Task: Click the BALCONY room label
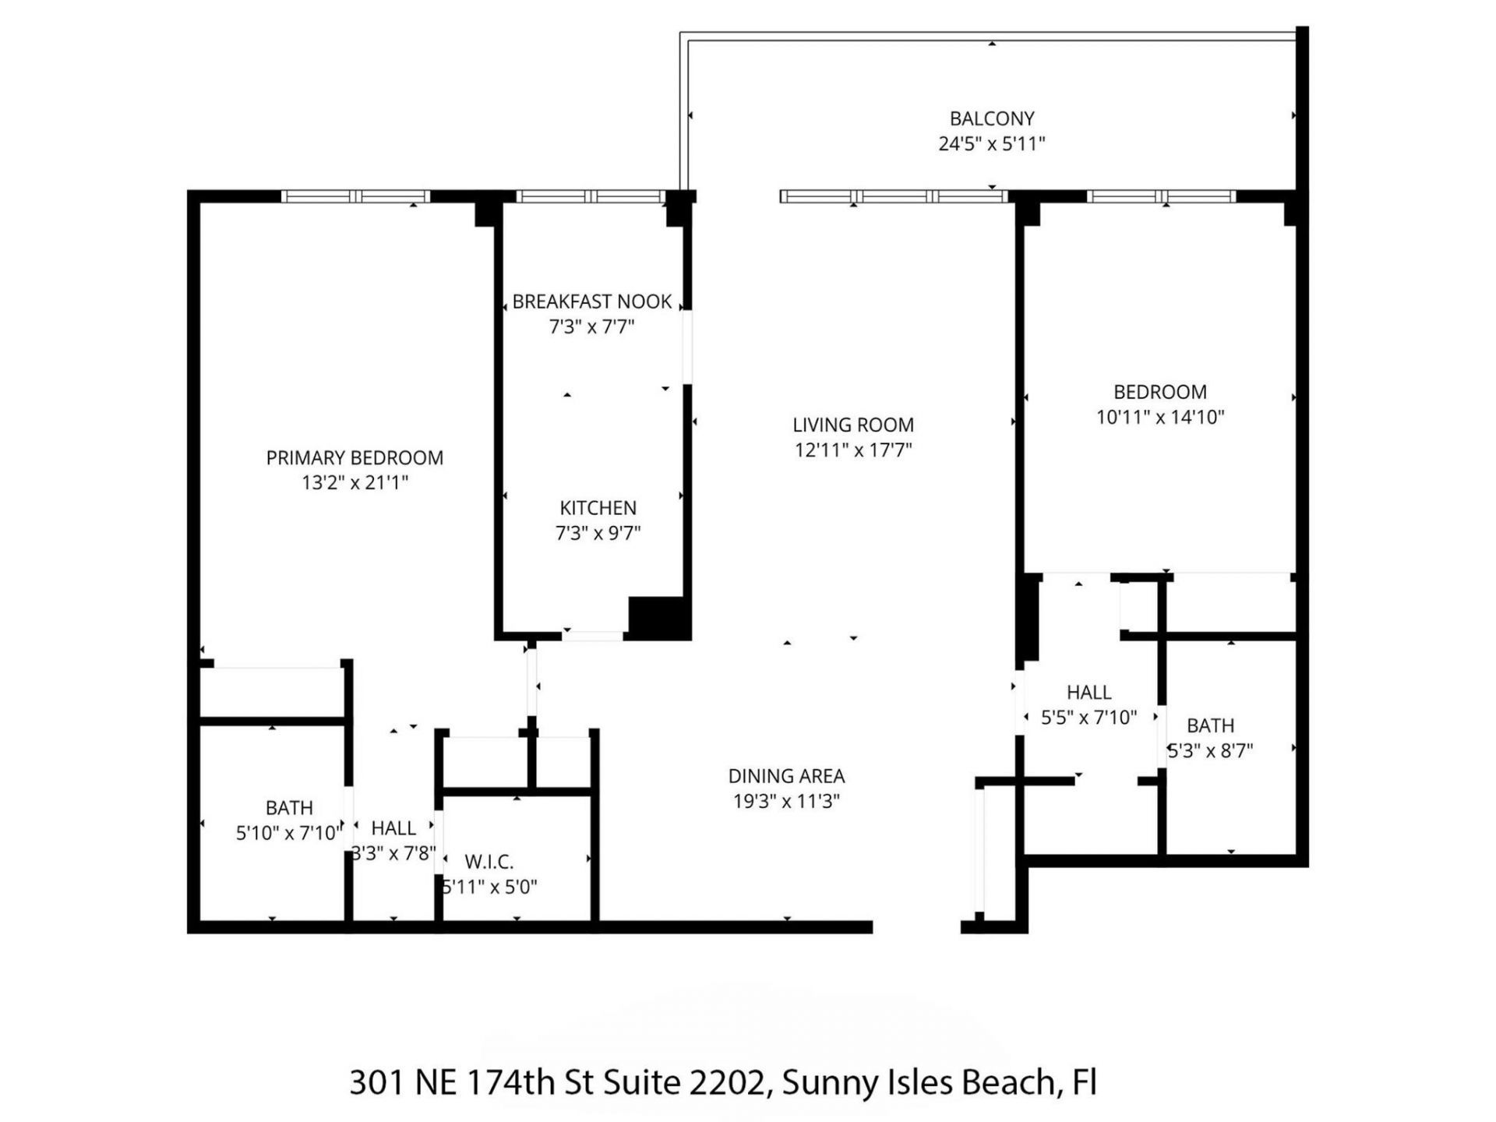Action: [x=991, y=118]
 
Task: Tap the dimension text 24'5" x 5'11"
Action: [x=991, y=143]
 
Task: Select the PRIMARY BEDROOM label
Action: [x=355, y=457]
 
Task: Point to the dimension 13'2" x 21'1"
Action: [x=355, y=482]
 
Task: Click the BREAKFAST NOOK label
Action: [x=591, y=302]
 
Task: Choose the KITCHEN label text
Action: [x=598, y=508]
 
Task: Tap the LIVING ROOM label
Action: [x=852, y=425]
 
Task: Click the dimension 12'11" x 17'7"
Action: [x=852, y=450]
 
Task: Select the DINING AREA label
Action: [x=786, y=776]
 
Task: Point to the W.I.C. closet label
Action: [x=489, y=862]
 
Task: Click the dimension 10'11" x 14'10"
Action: [x=1159, y=417]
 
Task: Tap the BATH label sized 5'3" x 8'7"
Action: [x=1210, y=725]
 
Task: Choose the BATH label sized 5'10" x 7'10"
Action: [x=289, y=808]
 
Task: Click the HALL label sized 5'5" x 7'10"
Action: [x=1088, y=692]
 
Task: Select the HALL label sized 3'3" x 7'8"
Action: [x=393, y=827]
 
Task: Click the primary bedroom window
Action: [x=355, y=196]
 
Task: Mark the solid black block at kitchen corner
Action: [x=658, y=618]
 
